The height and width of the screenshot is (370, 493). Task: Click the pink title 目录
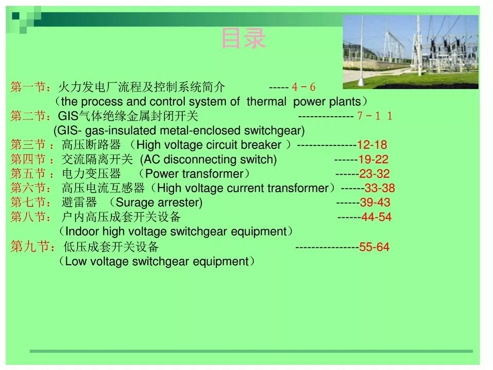[x=243, y=39]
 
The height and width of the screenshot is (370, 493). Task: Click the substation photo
[x=411, y=52]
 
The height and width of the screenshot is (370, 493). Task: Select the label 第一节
[x=28, y=87]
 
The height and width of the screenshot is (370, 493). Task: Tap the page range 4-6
[x=304, y=87]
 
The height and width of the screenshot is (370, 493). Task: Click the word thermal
[x=267, y=102]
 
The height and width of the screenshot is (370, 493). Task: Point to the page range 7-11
[x=375, y=116]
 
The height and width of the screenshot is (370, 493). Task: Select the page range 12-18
[x=372, y=145]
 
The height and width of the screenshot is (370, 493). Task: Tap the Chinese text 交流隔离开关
[x=98, y=159]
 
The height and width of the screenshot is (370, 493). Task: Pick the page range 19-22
[x=373, y=159]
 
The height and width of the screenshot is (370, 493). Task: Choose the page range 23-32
[x=374, y=174]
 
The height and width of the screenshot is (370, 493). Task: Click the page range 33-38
[x=380, y=188]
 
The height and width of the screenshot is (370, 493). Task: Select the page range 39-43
[x=375, y=202]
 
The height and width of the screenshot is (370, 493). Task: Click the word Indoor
[x=82, y=232]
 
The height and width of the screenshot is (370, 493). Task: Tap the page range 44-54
[x=376, y=217]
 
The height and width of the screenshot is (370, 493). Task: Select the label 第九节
[x=28, y=247]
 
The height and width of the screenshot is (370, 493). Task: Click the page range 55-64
[x=374, y=247]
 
